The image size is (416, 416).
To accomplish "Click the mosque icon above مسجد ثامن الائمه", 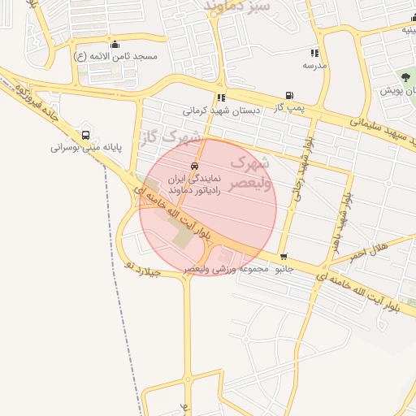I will (115, 44).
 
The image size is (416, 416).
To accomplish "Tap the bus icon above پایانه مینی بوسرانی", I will (86, 135).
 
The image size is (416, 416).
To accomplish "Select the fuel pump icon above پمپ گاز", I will (289, 95).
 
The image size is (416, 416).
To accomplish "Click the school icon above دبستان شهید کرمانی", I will (221, 98).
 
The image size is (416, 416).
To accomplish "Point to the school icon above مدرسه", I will (315, 53).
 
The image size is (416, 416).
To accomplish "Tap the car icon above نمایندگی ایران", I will (193, 166).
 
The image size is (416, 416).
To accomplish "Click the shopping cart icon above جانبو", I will (283, 256).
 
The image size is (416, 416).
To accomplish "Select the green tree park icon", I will (405, 77).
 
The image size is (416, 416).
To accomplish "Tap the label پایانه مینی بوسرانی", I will (85, 148).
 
